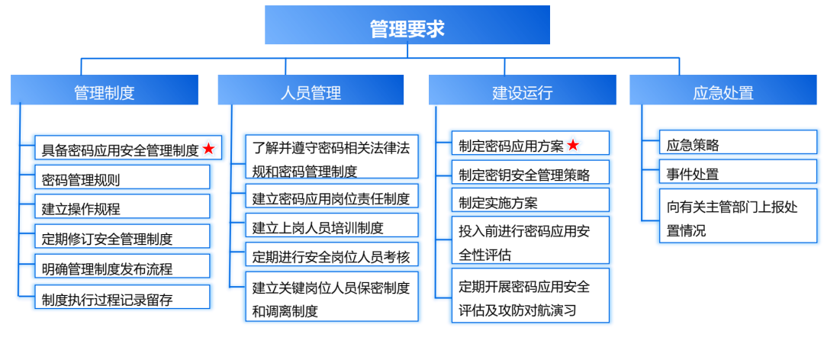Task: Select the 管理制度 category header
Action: [x=105, y=92]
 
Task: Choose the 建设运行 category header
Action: [x=523, y=92]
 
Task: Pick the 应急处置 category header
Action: [x=723, y=92]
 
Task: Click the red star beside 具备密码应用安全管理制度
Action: [x=208, y=149]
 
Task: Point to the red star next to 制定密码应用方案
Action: [x=573, y=145]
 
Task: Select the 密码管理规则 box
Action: [x=122, y=179]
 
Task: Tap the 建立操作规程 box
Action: [x=122, y=208]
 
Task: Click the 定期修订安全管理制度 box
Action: [x=122, y=238]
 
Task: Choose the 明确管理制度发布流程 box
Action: [x=122, y=268]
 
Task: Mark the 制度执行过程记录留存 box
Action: [x=122, y=298]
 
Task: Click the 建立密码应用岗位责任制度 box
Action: [x=331, y=198]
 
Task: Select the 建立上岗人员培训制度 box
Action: [x=331, y=227]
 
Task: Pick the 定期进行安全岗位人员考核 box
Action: [x=331, y=256]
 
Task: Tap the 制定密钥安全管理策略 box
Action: [x=530, y=174]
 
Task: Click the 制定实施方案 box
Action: [x=530, y=202]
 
